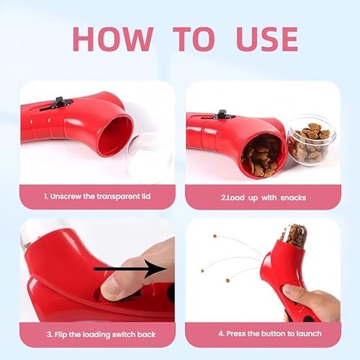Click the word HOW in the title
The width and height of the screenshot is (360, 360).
point(113,39)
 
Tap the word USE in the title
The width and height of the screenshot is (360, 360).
point(267,39)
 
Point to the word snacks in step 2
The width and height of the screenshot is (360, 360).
point(293,198)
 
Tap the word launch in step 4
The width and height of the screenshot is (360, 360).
point(309,333)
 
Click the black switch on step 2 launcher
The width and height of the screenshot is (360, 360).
point(223,114)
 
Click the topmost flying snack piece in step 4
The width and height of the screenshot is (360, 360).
point(215,236)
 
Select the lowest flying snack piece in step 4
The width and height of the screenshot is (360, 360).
point(228,280)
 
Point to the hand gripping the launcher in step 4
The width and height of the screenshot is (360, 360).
point(312,304)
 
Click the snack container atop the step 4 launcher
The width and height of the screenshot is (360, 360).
point(293,235)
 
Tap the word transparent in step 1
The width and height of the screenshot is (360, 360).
point(112,197)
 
